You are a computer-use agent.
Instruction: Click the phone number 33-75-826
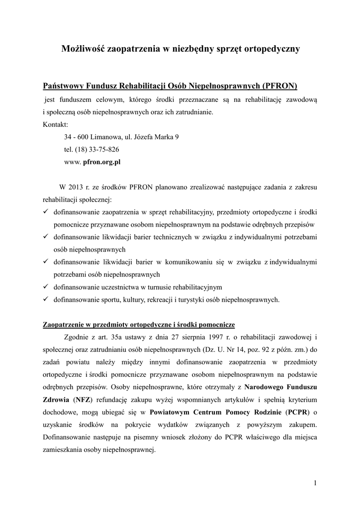pos(104,149)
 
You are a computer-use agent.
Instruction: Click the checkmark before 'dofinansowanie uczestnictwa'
pos(46,287)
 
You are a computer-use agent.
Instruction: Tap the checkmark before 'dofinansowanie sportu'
pos(46,299)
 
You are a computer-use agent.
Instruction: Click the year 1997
pos(211,337)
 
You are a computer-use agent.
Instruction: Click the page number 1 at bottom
pos(316,482)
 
